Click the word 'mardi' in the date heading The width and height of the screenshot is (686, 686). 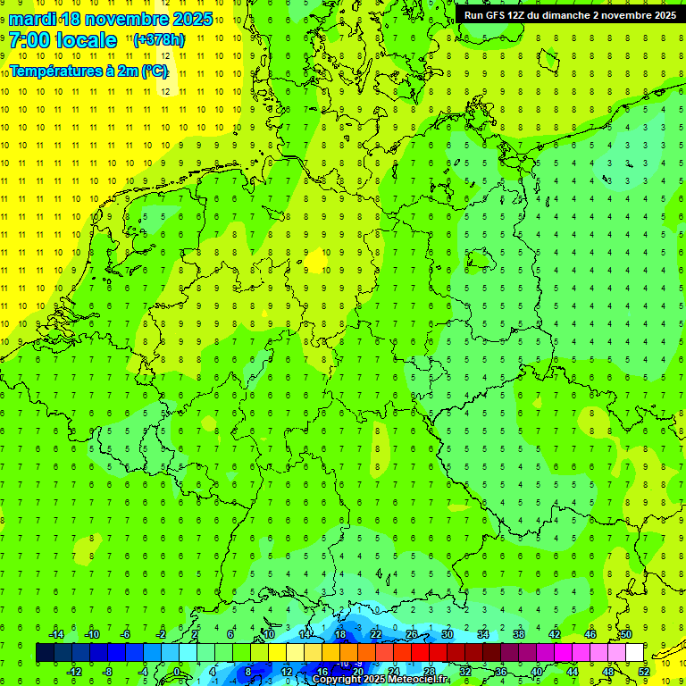click(x=33, y=19)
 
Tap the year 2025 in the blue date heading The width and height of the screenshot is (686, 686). click(x=188, y=19)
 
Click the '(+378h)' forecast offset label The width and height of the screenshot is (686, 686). click(x=159, y=40)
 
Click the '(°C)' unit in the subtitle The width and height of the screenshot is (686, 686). click(x=153, y=70)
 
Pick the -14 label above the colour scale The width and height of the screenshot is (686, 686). click(x=55, y=634)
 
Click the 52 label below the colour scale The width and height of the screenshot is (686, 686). click(x=644, y=672)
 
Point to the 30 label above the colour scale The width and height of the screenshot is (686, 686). click(x=448, y=634)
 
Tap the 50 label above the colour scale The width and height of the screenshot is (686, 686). click(x=625, y=634)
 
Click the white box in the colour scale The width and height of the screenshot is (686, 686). click(x=634, y=653)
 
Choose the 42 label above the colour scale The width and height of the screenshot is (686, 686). click(x=555, y=634)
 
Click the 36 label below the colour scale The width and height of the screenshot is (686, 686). click(x=501, y=672)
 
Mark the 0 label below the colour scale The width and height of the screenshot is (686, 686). click(x=180, y=672)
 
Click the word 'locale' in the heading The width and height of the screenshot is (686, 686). click(x=86, y=40)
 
